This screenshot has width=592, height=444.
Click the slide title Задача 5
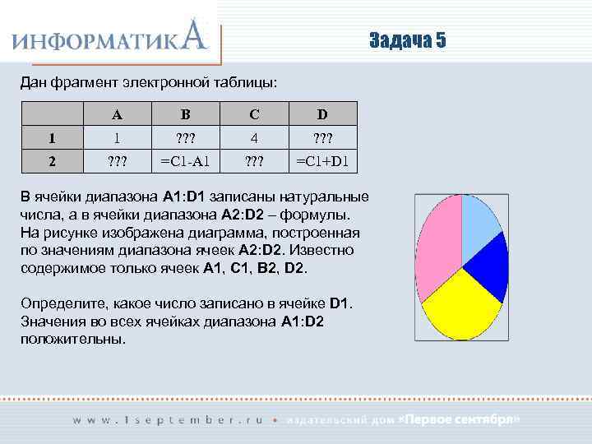click(x=407, y=42)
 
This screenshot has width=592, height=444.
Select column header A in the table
click(x=118, y=113)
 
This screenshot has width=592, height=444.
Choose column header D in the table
click(x=322, y=113)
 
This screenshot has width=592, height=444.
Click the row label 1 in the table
click(x=52, y=137)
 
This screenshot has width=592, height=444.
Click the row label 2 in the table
click(x=52, y=161)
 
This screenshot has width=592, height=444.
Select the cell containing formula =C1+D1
click(x=322, y=161)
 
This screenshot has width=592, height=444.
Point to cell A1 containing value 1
click(x=118, y=137)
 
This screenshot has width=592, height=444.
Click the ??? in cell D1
click(x=322, y=137)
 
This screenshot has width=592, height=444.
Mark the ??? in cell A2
click(x=118, y=161)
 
